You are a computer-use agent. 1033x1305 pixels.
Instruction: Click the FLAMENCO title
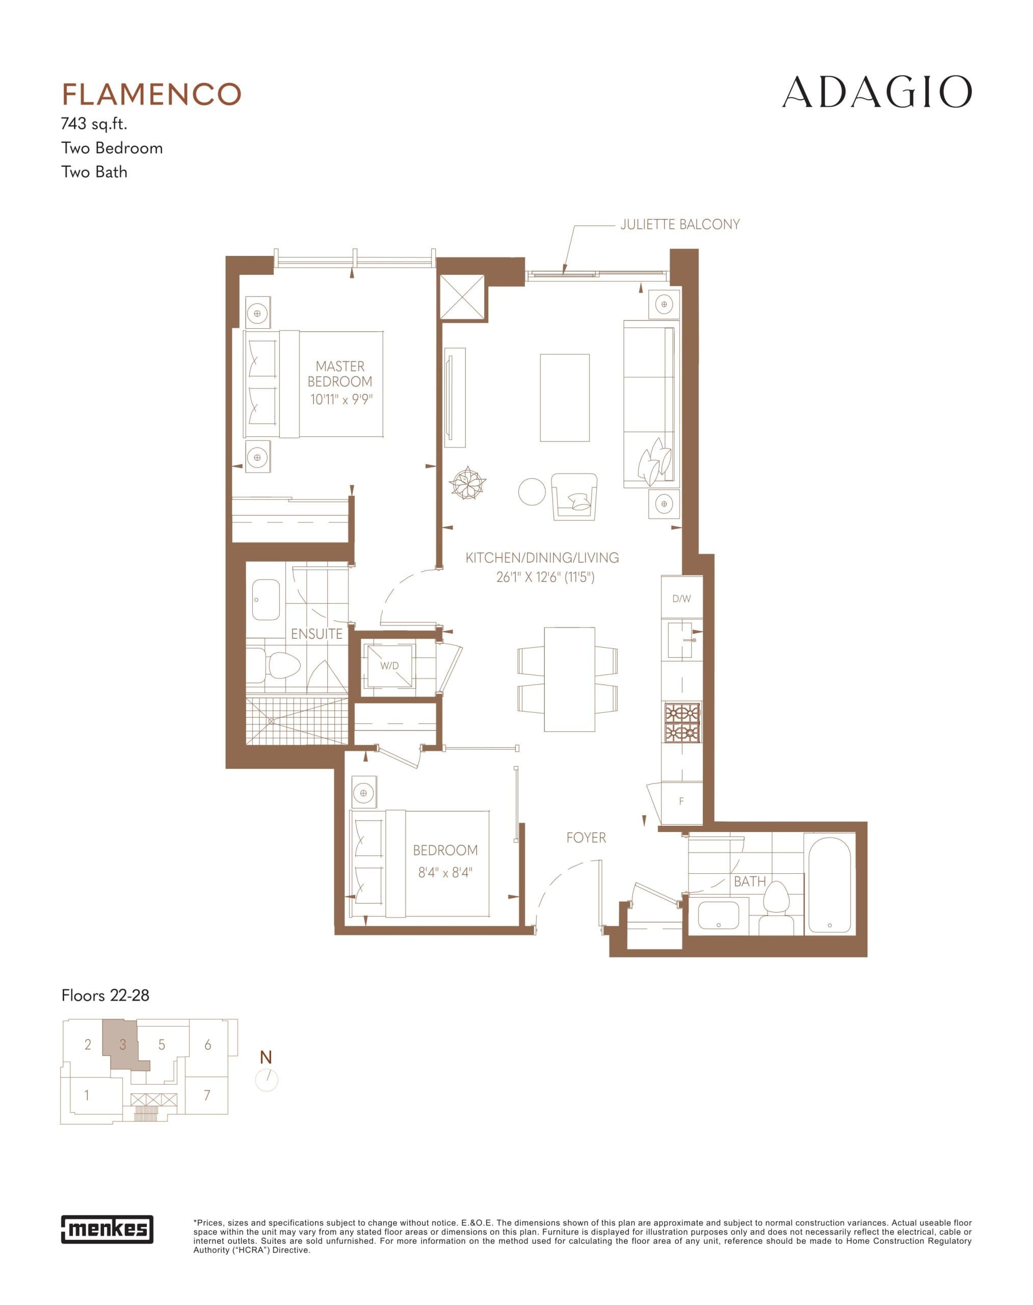(x=151, y=94)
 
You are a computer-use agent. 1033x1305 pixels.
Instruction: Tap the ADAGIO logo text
(x=877, y=93)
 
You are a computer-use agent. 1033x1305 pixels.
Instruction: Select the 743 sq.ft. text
(x=94, y=124)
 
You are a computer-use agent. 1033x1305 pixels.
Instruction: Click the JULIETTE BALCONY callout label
(x=679, y=224)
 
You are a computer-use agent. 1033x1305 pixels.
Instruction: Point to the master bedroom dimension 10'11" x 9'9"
(x=341, y=399)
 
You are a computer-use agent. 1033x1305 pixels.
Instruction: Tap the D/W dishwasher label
(x=681, y=598)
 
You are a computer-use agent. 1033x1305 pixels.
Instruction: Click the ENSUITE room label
(x=316, y=634)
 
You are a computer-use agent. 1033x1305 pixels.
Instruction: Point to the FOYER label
(x=586, y=838)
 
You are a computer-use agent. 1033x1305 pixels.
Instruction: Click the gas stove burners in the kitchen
(x=682, y=722)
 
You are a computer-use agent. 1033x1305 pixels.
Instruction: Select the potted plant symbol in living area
(x=467, y=483)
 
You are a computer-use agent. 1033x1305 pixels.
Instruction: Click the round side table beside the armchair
(x=532, y=491)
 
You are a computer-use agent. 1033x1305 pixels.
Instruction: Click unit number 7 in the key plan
(x=207, y=1095)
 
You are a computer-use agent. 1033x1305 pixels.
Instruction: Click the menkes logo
(x=107, y=1229)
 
